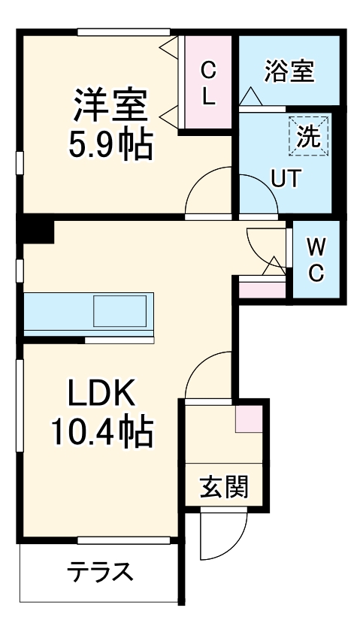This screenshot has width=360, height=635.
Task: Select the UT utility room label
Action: (x=286, y=179)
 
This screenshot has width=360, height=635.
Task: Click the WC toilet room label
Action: (x=316, y=259)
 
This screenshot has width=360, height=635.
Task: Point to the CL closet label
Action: (x=208, y=83)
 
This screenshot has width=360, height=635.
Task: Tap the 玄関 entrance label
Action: (x=223, y=488)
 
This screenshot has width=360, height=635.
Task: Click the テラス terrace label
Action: (x=100, y=572)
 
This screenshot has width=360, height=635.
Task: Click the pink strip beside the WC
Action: (x=262, y=289)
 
